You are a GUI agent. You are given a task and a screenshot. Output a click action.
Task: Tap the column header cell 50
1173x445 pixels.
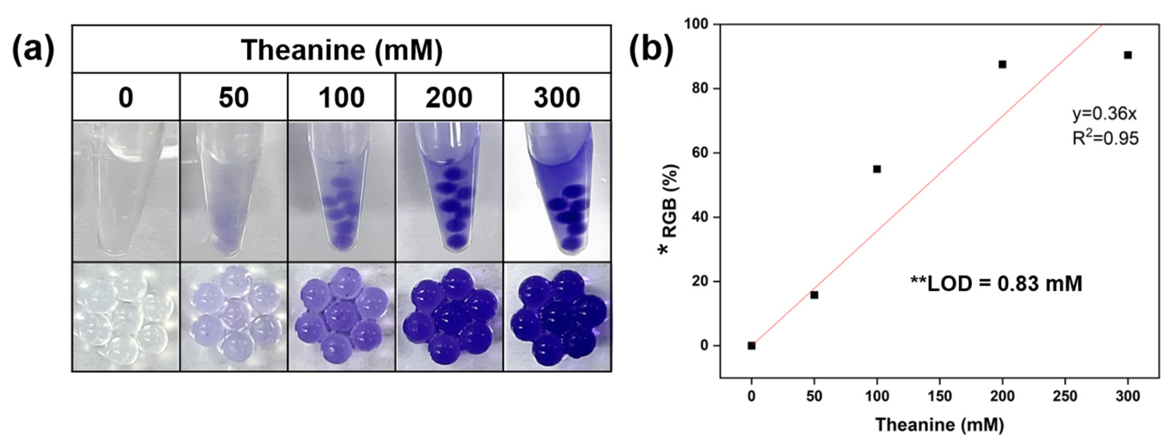(234, 97)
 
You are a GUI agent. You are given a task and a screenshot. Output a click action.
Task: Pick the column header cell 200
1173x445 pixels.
(449, 97)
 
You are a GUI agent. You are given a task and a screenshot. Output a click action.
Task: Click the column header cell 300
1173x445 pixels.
(557, 97)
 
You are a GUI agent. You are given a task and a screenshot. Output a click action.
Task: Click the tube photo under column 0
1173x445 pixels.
(126, 191)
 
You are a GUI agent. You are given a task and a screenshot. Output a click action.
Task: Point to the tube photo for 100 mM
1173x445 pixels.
(341, 191)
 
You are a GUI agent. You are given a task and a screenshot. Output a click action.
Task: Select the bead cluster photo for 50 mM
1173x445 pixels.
(234, 317)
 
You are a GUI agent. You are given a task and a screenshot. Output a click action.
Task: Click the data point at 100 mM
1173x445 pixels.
(877, 169)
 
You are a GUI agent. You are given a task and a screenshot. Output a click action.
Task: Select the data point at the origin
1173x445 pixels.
(751, 346)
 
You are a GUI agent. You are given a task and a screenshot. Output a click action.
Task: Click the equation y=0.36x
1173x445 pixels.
(1104, 113)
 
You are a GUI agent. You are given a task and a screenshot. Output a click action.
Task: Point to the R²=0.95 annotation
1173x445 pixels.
(1105, 138)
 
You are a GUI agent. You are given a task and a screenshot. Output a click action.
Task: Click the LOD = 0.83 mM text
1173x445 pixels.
(996, 284)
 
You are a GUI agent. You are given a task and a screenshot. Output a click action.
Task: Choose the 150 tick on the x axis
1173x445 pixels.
(940, 397)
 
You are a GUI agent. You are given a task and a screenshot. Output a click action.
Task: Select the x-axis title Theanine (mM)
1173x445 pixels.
(939, 425)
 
